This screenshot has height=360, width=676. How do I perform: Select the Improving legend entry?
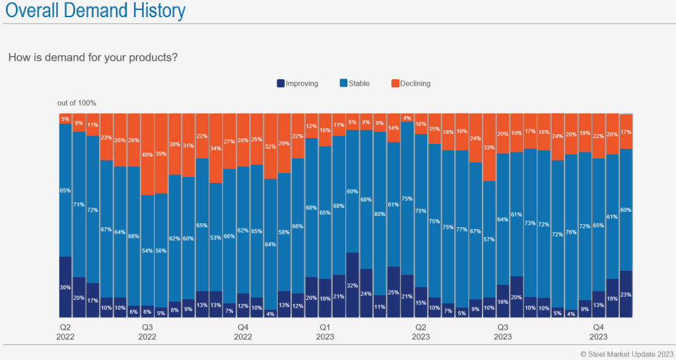click(297, 83)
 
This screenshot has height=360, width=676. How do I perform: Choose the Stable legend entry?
click(355, 83)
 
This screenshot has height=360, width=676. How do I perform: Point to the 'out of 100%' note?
click(77, 102)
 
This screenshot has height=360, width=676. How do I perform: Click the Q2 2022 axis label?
click(65, 332)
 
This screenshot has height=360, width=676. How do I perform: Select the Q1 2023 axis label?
click(325, 332)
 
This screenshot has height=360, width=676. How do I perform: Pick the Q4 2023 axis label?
click(598, 332)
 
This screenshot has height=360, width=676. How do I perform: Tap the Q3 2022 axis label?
click(147, 332)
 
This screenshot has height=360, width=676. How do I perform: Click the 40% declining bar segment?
click(147, 154)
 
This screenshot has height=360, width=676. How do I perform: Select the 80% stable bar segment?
click(380, 213)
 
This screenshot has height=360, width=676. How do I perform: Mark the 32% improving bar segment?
click(353, 285)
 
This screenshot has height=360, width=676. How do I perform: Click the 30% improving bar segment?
click(65, 287)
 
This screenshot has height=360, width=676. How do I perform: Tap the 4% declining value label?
click(407, 118)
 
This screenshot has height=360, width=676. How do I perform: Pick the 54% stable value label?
click(147, 251)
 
